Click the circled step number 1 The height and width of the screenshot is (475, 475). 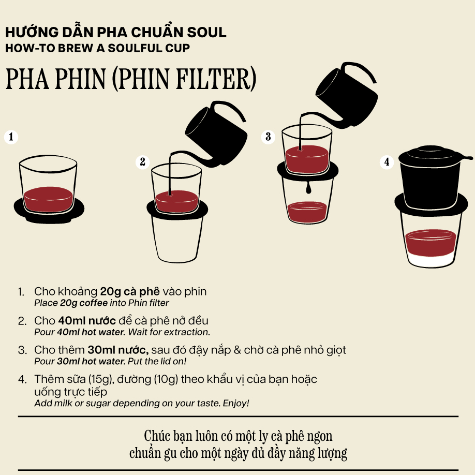11,137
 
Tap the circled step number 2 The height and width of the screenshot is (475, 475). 142,162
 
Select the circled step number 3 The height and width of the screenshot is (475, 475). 268,137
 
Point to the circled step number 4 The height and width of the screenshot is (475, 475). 387,162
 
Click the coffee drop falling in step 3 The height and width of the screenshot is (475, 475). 308,187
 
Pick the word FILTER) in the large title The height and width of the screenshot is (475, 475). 216,79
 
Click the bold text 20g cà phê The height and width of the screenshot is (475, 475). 130,291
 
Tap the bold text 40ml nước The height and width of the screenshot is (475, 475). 87,320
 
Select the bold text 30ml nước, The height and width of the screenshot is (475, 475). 118,350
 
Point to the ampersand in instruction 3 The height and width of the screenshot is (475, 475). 237,350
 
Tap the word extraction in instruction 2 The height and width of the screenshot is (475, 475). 186,332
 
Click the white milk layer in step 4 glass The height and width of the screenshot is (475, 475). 431,260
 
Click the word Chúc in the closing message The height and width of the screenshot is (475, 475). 157,436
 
